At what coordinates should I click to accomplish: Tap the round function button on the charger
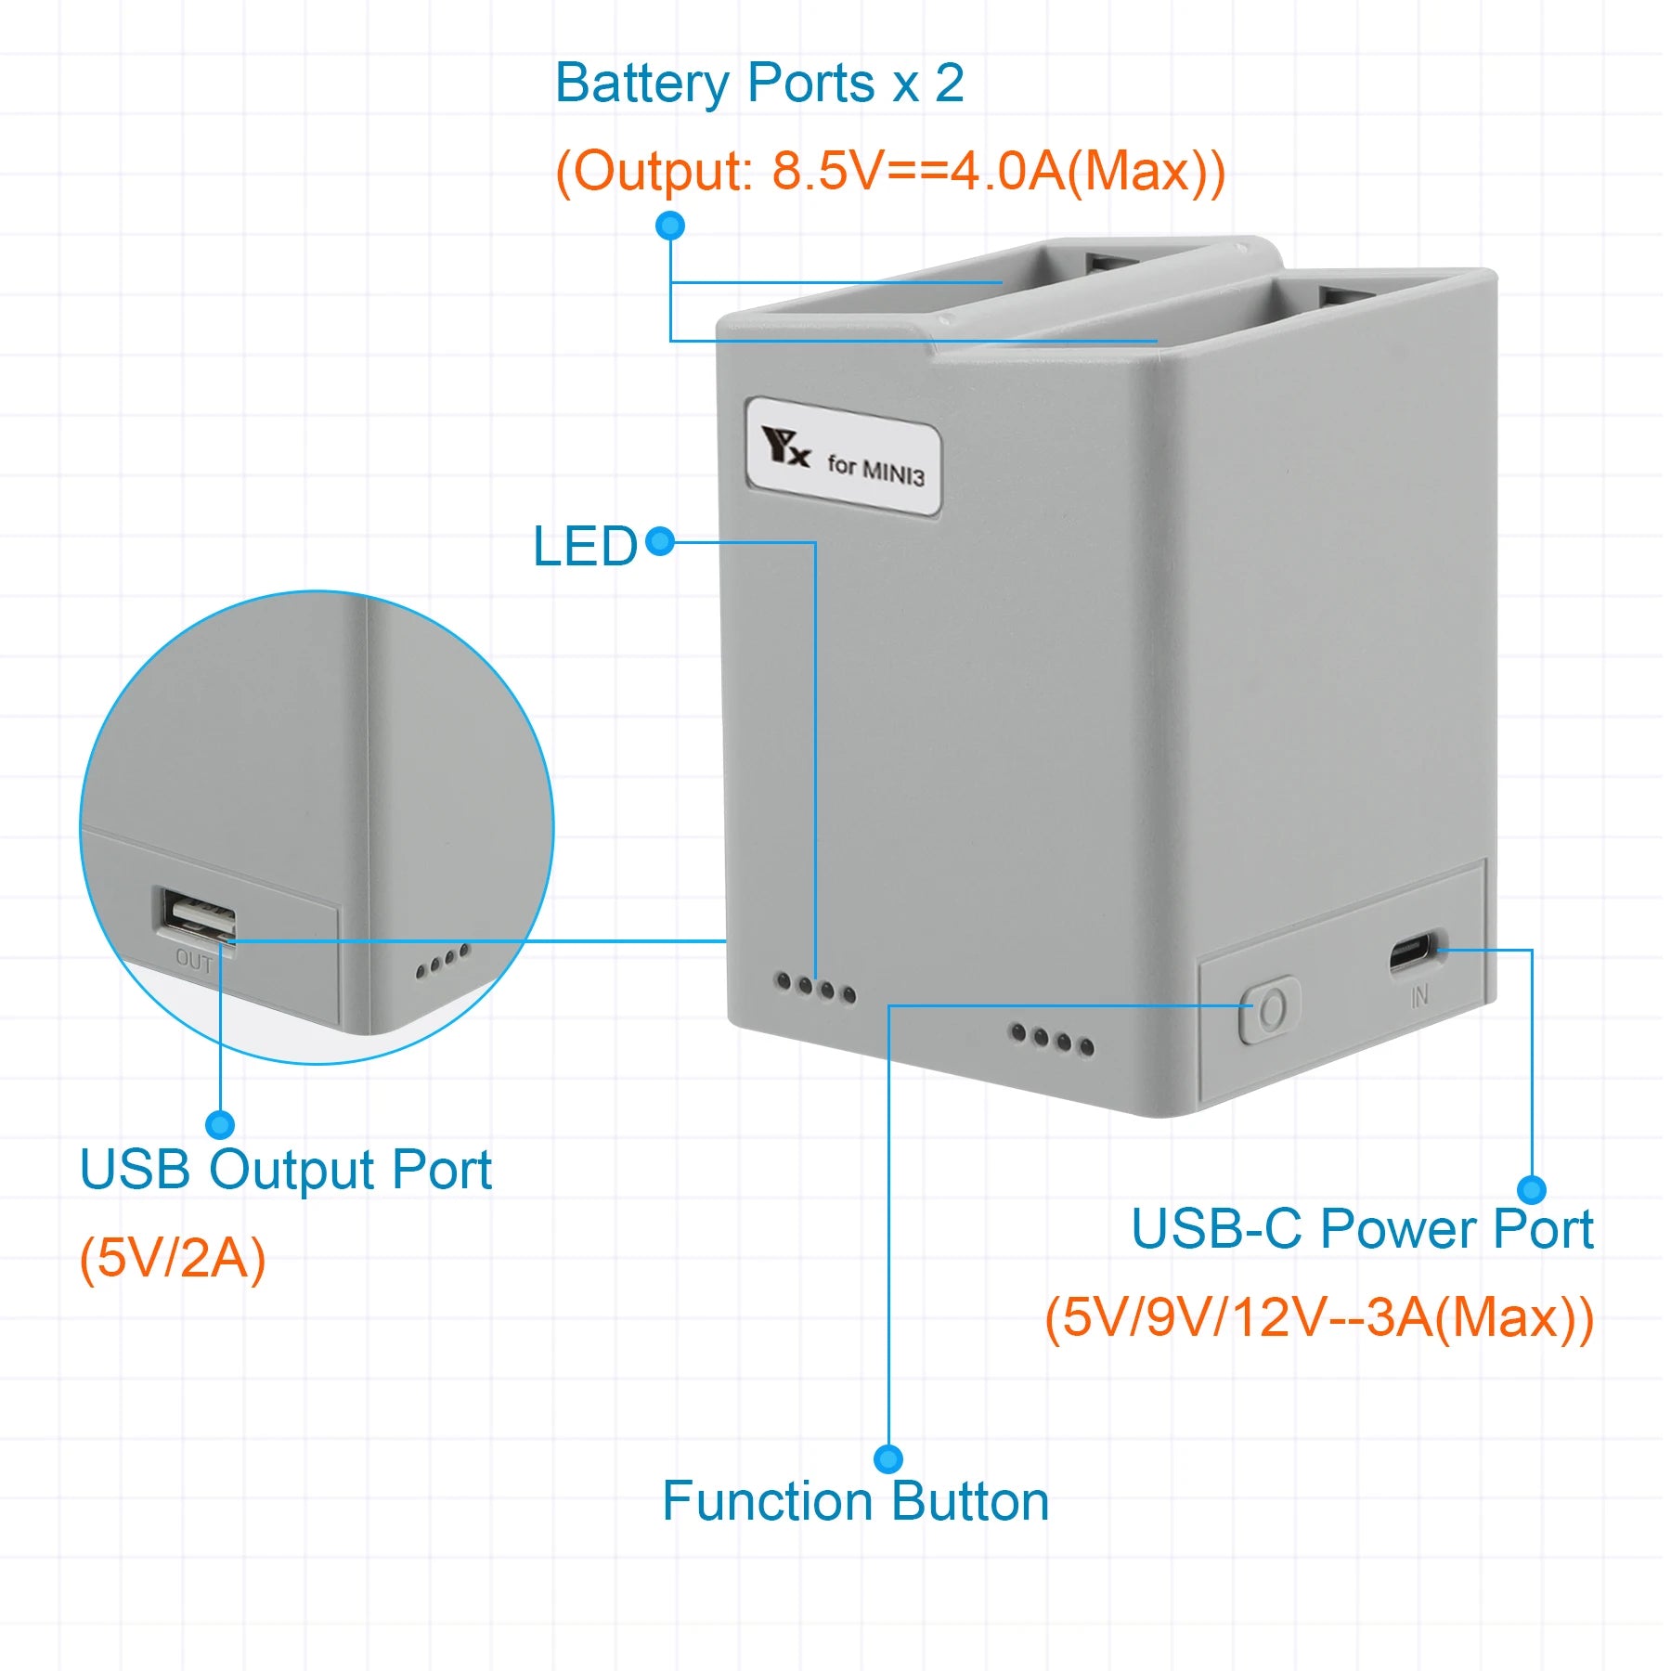1270,1009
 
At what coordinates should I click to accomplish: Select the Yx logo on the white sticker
784,447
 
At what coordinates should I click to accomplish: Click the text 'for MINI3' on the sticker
875,469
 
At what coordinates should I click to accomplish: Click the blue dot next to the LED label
660,541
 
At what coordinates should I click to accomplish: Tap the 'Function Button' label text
855,1501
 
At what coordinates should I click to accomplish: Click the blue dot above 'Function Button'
888,1458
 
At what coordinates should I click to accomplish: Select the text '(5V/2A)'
173,1258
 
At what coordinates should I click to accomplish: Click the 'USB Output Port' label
285,1169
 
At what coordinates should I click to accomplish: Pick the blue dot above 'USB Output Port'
220,1125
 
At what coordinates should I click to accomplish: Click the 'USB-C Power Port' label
1362,1229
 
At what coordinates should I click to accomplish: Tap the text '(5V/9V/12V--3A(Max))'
1319,1317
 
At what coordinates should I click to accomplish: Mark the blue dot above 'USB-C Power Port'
1531,1189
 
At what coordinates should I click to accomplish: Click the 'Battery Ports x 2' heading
759,84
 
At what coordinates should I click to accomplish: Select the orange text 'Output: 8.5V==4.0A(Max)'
890,171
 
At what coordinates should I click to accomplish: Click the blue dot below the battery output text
670,226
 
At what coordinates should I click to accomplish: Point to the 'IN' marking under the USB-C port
1419,997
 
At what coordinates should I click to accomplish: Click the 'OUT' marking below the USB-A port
194,961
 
